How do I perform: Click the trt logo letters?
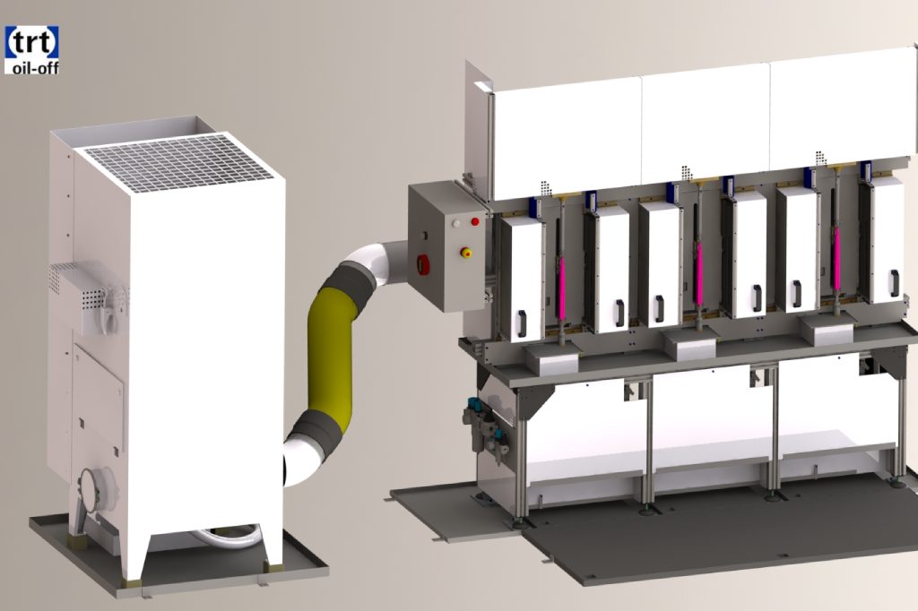(31, 42)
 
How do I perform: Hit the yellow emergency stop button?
(466, 253)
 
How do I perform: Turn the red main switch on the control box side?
(421, 264)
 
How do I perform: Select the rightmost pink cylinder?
(836, 257)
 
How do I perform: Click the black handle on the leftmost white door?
(521, 323)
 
